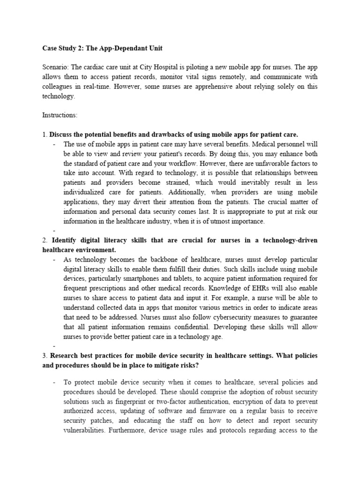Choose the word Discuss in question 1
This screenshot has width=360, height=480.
[62, 135]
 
